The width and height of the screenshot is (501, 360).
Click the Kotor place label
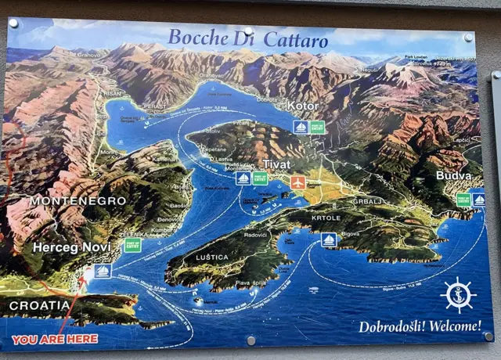[302, 106]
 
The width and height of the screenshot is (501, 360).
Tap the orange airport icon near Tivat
[297, 182]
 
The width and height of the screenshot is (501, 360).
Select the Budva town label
[453, 176]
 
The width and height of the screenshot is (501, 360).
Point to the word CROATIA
[39, 305]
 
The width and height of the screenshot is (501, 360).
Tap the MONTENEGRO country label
[77, 201]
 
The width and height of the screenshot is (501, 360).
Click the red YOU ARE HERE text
[55, 339]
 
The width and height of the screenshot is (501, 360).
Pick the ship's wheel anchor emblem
[460, 295]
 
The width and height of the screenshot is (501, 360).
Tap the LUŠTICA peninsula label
[212, 257]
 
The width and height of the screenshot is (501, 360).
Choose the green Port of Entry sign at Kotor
[317, 127]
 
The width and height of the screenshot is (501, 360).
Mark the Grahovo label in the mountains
[89, 55]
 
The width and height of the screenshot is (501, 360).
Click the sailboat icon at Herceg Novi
[103, 271]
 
